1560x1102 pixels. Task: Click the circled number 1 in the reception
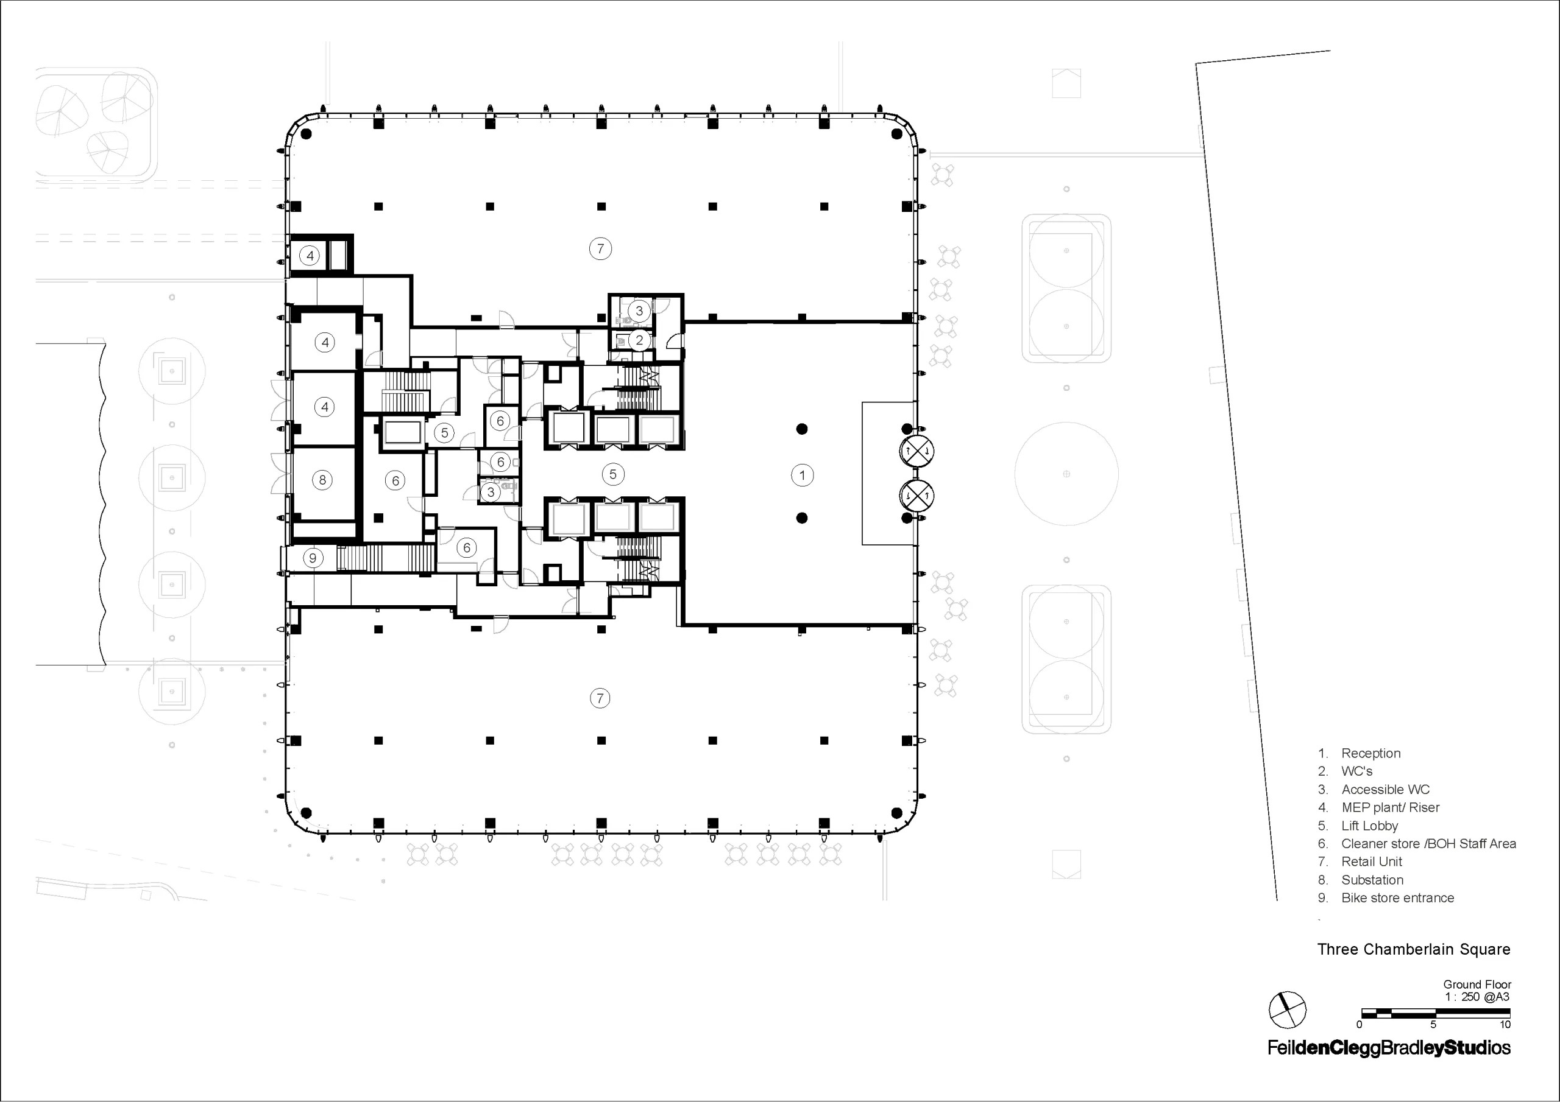pyautogui.click(x=803, y=476)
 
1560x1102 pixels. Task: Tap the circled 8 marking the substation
pyautogui.click(x=323, y=480)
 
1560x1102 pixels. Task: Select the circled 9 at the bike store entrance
pyautogui.click(x=313, y=558)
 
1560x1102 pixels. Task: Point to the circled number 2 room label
pyautogui.click(x=639, y=340)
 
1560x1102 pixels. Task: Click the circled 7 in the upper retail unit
pyautogui.click(x=600, y=248)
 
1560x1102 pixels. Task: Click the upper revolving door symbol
pyautogui.click(x=917, y=451)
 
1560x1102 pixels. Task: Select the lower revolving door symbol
pyautogui.click(x=917, y=496)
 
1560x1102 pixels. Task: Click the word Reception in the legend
pyautogui.click(x=1370, y=753)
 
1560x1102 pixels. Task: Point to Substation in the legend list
pyautogui.click(x=1372, y=880)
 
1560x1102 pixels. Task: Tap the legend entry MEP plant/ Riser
pyautogui.click(x=1390, y=808)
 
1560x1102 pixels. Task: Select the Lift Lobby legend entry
pyautogui.click(x=1369, y=826)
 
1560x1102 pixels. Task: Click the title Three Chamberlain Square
pyautogui.click(x=1414, y=949)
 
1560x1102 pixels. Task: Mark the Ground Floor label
pyautogui.click(x=1477, y=984)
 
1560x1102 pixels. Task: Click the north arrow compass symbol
pyautogui.click(x=1288, y=1010)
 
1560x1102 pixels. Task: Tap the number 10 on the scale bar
pyautogui.click(x=1505, y=1025)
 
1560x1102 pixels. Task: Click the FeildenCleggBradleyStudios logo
pyautogui.click(x=1389, y=1048)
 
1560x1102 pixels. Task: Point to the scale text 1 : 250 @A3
pyautogui.click(x=1477, y=997)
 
